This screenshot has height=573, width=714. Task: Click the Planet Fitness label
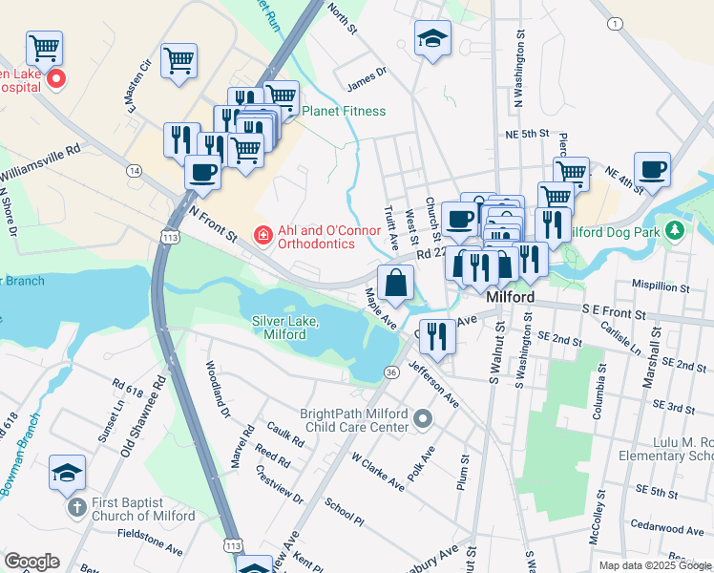344,111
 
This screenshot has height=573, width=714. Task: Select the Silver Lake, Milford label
284,329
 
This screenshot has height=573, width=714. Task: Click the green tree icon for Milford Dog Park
676,231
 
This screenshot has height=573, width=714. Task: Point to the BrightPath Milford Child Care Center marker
424,420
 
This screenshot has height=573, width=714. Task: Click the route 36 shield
391,371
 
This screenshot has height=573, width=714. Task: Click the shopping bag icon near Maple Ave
395,284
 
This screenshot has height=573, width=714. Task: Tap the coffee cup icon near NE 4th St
653,169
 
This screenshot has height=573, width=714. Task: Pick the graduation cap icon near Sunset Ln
68,473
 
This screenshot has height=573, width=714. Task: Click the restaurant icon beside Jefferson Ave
438,336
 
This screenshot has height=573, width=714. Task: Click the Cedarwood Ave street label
667,527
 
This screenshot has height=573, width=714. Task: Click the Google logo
31,562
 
